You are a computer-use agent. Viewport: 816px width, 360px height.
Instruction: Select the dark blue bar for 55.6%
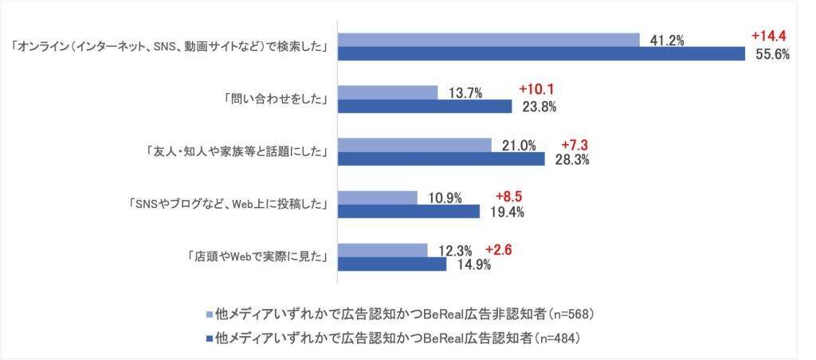(x=541, y=53)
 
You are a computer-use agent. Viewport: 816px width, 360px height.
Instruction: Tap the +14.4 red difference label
(x=769, y=36)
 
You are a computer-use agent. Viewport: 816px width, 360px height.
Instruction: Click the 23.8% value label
(x=538, y=106)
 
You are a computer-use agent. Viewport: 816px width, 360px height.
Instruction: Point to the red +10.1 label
(x=537, y=88)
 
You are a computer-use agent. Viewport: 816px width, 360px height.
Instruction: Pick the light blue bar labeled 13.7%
(x=388, y=92)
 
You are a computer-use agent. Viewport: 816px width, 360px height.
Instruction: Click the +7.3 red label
(x=576, y=145)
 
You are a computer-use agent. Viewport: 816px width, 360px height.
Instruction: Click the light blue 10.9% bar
(x=378, y=198)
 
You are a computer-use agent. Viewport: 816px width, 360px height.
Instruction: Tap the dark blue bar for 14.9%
(x=392, y=264)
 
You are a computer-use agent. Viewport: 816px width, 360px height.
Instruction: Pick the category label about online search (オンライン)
(x=171, y=47)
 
